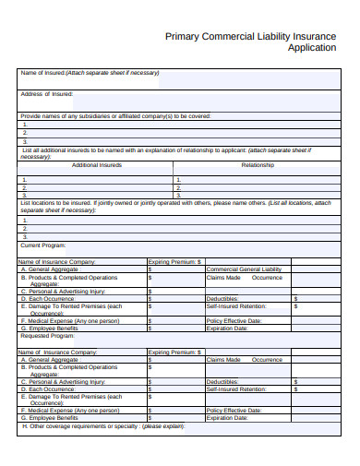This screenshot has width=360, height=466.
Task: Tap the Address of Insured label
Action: click(x=47, y=94)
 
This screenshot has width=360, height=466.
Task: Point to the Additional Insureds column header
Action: click(x=97, y=165)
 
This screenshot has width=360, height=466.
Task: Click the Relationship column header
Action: click(x=257, y=165)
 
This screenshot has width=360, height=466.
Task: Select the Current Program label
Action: click(x=43, y=245)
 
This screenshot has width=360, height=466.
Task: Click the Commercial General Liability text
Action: click(x=244, y=269)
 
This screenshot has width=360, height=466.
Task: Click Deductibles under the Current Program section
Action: click(x=222, y=299)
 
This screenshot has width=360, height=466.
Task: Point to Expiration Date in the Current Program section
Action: click(x=227, y=328)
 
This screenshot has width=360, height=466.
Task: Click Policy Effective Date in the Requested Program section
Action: click(x=234, y=410)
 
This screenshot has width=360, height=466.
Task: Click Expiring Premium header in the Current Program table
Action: click(x=174, y=261)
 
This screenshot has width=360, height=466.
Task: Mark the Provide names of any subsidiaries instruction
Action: click(x=115, y=115)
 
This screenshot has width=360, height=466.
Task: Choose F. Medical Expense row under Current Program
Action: click(x=70, y=320)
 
